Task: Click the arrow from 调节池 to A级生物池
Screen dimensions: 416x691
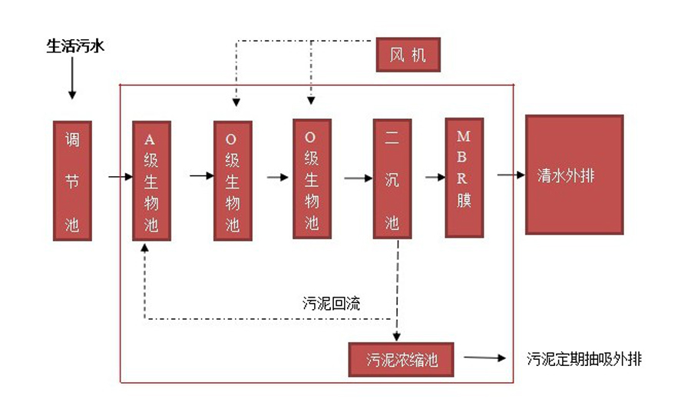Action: (121, 178)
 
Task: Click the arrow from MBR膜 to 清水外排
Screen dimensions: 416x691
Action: (505, 175)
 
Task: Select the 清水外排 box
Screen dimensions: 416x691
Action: (574, 175)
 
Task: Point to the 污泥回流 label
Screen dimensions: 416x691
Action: (332, 303)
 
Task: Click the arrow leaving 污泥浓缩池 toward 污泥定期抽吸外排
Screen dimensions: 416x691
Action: (484, 358)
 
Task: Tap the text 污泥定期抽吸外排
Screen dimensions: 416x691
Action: (584, 359)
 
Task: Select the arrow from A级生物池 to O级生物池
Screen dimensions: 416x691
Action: (201, 176)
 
